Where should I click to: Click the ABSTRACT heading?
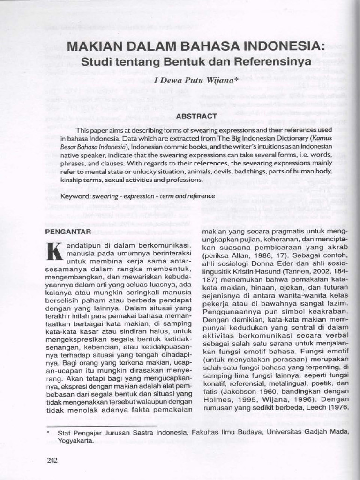click(x=196, y=115)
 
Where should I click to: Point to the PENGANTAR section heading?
click(x=67, y=231)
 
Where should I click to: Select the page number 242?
click(x=52, y=460)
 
